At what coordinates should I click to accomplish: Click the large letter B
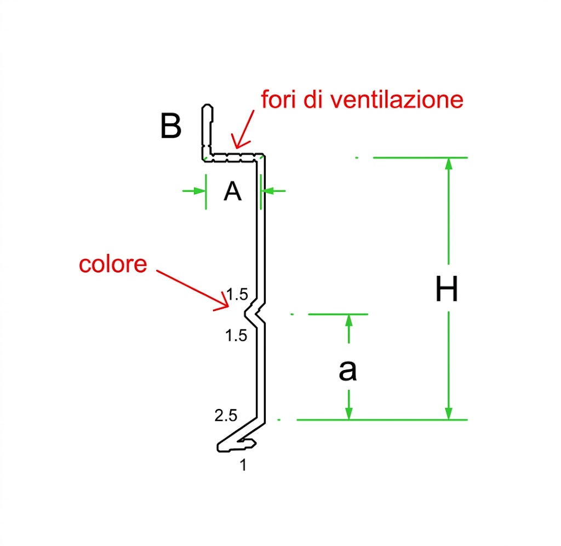point(171,126)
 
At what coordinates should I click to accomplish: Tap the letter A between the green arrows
point(232,191)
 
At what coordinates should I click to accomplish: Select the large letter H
point(446,288)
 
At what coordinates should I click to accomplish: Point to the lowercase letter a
point(347,370)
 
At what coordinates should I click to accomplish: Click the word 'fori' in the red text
point(279,99)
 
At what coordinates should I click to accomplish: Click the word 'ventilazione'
point(397,100)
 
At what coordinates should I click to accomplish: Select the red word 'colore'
point(113,264)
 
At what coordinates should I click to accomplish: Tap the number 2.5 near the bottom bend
point(226,416)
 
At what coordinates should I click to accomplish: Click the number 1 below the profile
point(243,465)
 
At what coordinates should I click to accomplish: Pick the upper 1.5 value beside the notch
point(237,294)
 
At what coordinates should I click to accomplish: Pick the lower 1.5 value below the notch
point(236,335)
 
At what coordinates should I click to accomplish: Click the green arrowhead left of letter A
point(199,191)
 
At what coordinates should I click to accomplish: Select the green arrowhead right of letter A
point(267,191)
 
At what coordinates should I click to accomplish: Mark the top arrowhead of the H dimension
point(449,163)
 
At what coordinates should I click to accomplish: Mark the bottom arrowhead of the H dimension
point(449,413)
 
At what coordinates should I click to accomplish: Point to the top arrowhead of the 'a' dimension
point(349,321)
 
